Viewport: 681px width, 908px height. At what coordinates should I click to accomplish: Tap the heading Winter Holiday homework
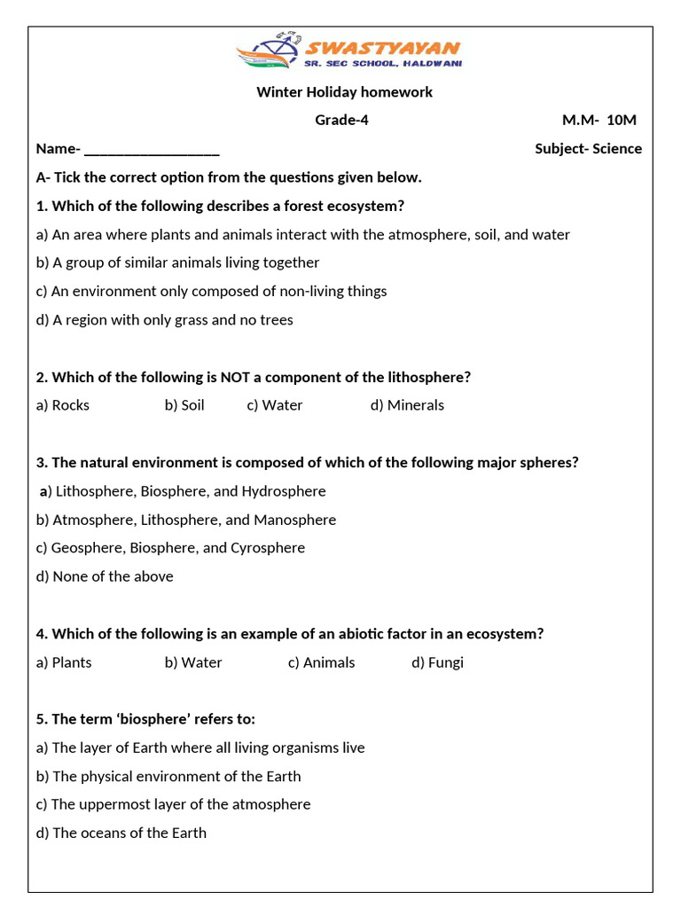tap(344, 92)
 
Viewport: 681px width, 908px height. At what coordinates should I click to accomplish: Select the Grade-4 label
tap(341, 121)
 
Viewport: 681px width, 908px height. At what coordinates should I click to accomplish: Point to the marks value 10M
tap(622, 121)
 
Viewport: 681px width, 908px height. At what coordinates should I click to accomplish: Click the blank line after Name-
tap(152, 149)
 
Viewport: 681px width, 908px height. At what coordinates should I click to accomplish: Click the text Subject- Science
tap(588, 149)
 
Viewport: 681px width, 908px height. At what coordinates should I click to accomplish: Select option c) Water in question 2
tap(275, 405)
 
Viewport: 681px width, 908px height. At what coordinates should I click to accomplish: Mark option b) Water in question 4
tap(193, 662)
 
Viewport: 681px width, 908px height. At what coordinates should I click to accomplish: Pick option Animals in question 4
tap(321, 662)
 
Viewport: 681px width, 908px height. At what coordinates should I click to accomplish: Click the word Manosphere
tap(294, 520)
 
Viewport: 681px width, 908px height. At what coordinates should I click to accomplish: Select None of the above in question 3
tap(105, 576)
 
